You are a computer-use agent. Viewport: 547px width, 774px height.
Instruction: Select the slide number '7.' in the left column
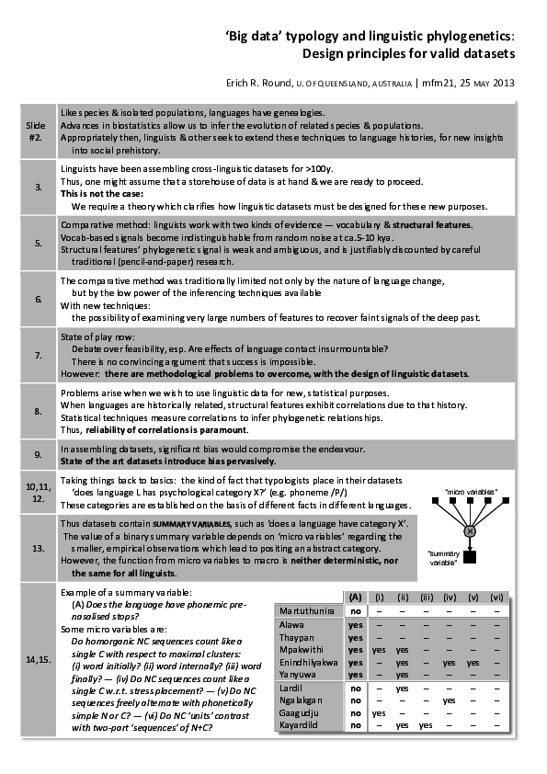point(38,355)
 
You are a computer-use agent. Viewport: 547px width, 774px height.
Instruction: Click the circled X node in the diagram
point(470,531)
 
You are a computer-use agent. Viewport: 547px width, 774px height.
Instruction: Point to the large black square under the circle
point(470,557)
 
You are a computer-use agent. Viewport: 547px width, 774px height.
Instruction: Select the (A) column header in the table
point(355,597)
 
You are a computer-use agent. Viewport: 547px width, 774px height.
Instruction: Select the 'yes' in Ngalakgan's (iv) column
point(450,700)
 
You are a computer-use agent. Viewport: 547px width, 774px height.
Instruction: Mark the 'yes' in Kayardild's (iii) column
point(426,725)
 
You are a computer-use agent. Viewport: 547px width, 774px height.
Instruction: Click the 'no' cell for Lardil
point(355,687)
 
